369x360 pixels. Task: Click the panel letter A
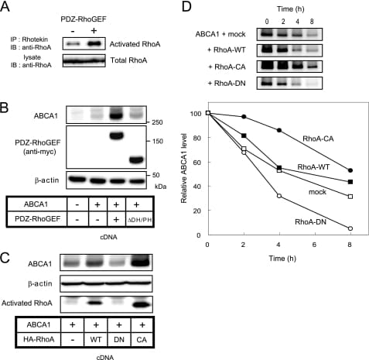[5, 7]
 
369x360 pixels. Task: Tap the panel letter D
[186, 7]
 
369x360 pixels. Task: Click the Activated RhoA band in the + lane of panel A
[94, 44]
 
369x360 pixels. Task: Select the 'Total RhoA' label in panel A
[128, 60]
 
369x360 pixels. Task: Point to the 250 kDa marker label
[157, 122]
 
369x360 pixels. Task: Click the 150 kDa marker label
[157, 141]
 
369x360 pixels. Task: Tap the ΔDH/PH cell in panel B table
[140, 219]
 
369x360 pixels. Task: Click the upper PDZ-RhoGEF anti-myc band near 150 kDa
[116, 135]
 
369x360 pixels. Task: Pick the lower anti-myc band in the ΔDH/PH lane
[136, 160]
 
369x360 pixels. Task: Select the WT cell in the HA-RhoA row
[96, 339]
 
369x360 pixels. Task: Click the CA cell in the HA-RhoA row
[142, 339]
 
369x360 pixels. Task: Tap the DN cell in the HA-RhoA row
[119, 339]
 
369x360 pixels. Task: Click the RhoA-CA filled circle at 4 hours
[279, 130]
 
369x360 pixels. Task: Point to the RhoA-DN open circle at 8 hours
[350, 228]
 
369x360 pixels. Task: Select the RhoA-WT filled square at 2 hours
[244, 135]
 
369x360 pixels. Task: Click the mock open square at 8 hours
[350, 197]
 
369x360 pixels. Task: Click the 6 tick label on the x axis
[315, 244]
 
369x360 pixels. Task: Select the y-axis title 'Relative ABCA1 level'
[184, 168]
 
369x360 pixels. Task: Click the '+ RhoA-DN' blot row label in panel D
[227, 84]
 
